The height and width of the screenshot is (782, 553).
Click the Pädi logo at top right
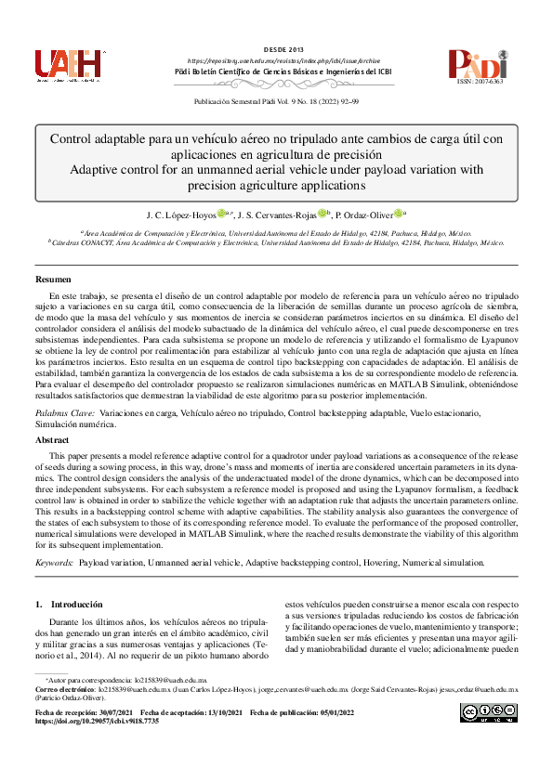click(x=478, y=63)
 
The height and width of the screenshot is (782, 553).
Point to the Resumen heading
click(x=52, y=279)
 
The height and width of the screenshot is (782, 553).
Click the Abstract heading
click(x=52, y=439)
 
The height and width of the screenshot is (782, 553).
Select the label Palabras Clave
click(x=64, y=411)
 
